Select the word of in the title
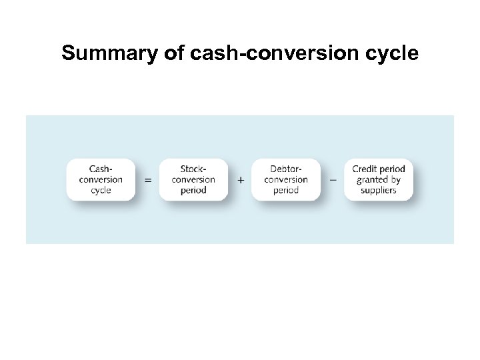[175, 53]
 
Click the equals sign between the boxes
[148, 180]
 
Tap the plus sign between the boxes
[241, 180]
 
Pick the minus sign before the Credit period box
[333, 179]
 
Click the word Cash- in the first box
[101, 169]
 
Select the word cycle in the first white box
[101, 190]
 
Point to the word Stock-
[193, 169]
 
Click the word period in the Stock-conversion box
[193, 190]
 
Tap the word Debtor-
[286, 169]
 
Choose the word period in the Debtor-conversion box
[286, 190]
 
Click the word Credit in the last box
[365, 169]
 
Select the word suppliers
[379, 190]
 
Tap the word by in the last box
[395, 179]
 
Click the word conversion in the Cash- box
[101, 179]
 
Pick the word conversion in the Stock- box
[193, 179]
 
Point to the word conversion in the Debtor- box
[286, 179]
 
